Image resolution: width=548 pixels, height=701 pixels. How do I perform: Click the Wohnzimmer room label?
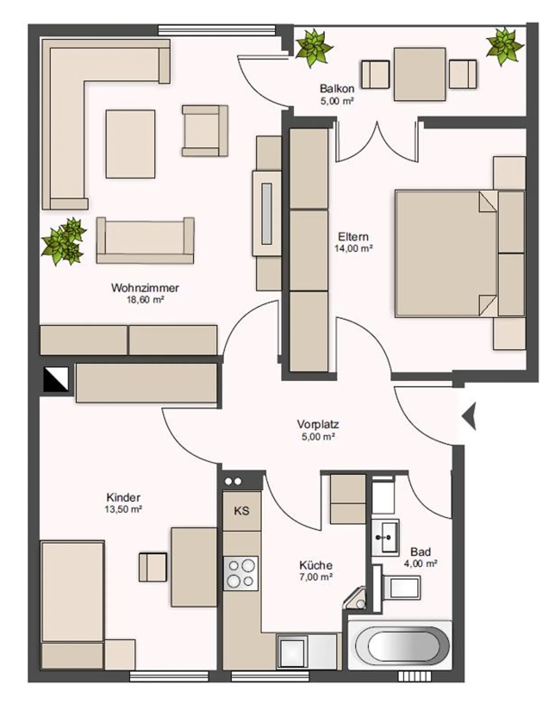(145, 288)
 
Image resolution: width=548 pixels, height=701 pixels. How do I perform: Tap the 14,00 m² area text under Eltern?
(354, 248)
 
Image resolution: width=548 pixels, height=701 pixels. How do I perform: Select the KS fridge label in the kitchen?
(242, 511)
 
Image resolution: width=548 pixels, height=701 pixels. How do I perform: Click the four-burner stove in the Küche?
(241, 573)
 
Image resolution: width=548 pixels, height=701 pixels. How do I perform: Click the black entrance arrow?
(469, 416)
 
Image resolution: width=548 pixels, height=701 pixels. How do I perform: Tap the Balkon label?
(337, 88)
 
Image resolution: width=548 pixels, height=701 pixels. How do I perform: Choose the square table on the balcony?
(419, 74)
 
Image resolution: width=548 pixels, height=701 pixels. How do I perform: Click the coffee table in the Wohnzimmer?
(130, 144)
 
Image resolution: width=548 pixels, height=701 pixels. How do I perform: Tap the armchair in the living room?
(205, 131)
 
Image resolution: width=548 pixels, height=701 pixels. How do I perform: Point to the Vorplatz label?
(318, 424)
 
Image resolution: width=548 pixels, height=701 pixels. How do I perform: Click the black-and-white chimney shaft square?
(56, 379)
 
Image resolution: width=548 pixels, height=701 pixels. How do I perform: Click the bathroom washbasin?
(385, 537)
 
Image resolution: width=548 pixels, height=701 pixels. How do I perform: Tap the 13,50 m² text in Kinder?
(123, 509)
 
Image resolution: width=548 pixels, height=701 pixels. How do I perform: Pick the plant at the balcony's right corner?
(505, 46)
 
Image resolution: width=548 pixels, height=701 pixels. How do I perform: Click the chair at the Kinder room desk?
(153, 567)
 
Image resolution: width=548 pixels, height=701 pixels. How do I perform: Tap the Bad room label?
(421, 552)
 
